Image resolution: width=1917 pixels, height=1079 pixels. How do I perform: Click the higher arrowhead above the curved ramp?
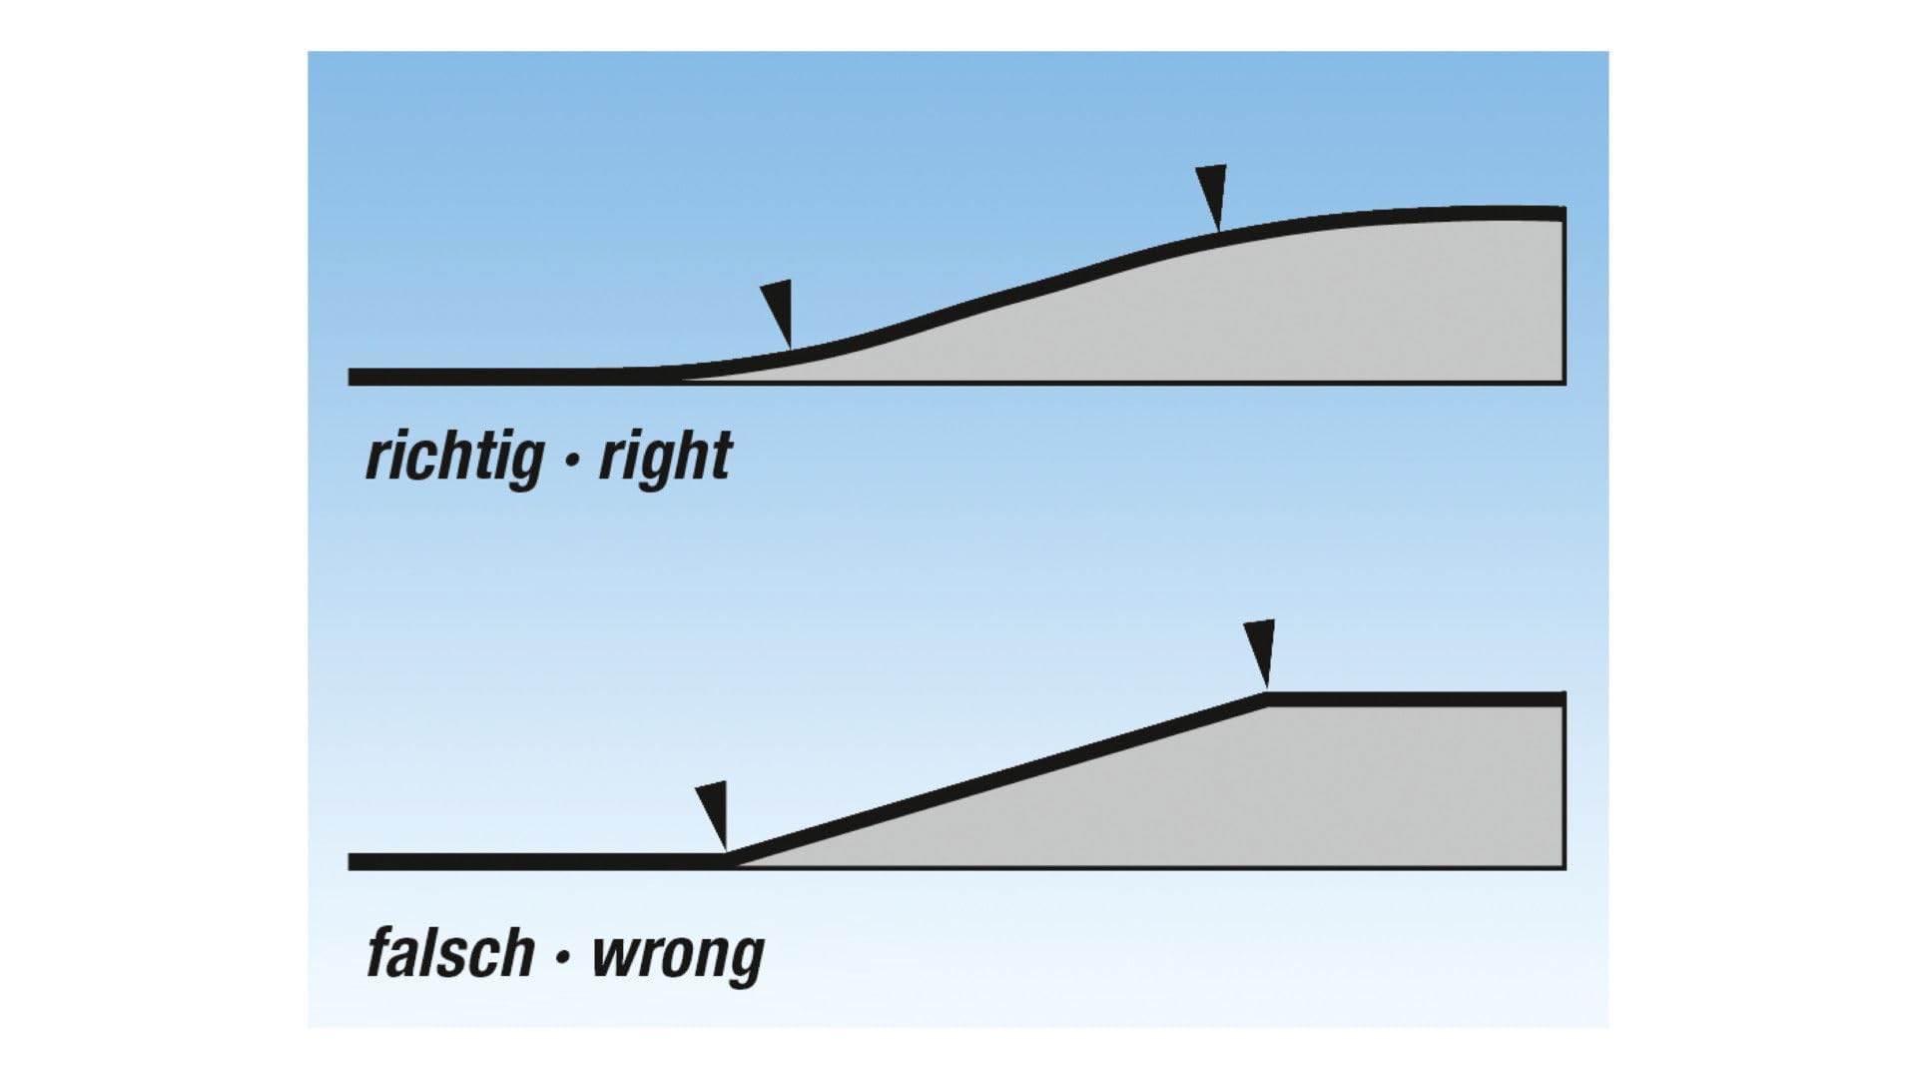point(1211,198)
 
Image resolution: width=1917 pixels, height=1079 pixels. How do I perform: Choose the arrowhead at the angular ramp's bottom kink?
point(712,815)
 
